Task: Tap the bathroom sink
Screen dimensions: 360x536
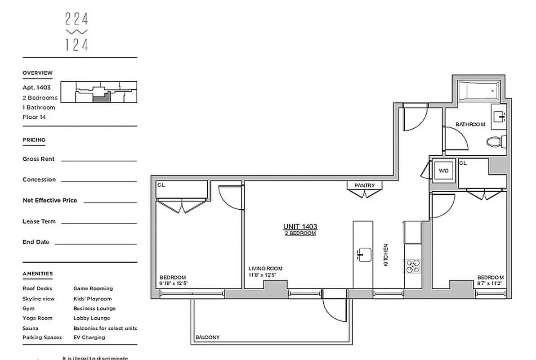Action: click(x=500, y=117)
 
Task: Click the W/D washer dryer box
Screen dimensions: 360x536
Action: click(x=443, y=171)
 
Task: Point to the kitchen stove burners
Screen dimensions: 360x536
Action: click(x=412, y=266)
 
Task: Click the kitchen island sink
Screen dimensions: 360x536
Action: click(x=363, y=254)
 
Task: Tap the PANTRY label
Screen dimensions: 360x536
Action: click(x=364, y=185)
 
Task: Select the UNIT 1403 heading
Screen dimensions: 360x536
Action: click(x=300, y=227)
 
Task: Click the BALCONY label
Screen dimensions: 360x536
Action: click(x=208, y=337)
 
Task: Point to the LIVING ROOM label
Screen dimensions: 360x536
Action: click(x=265, y=269)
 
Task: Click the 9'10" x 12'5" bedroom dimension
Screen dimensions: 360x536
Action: click(x=173, y=283)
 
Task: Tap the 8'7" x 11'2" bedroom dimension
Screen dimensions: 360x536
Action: click(x=490, y=283)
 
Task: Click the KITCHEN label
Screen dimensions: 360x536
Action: click(x=386, y=255)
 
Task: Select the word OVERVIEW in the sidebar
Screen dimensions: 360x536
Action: click(x=38, y=73)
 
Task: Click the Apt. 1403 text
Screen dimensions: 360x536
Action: click(x=37, y=88)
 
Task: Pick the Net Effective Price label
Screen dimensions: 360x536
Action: click(x=50, y=200)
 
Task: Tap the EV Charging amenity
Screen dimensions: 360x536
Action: click(x=89, y=337)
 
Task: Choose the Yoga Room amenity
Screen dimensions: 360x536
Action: click(x=37, y=318)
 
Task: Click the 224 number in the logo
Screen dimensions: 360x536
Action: click(x=76, y=19)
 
